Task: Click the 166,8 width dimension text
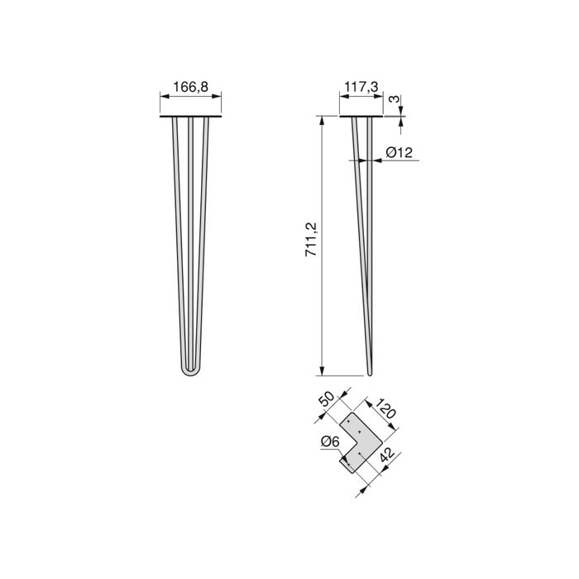(x=190, y=85)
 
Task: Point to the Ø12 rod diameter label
(x=404, y=151)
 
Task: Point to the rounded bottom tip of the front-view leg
(x=191, y=375)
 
